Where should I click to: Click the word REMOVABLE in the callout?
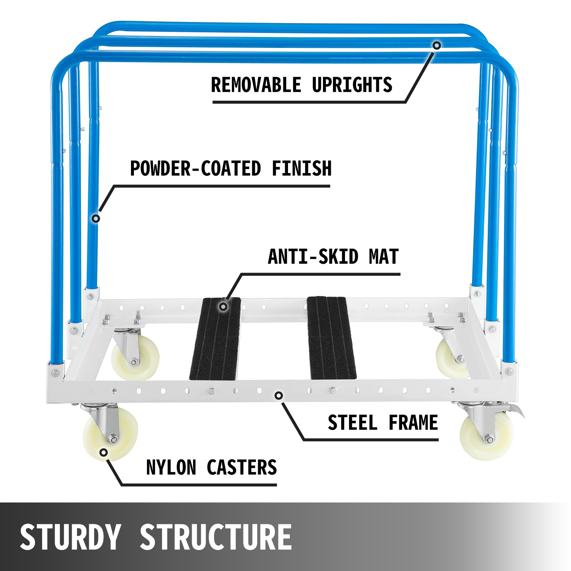(x=256, y=85)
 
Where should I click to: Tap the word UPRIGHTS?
(x=352, y=85)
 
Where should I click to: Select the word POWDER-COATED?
(x=196, y=168)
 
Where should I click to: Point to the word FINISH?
(x=302, y=168)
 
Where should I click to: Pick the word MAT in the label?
(x=384, y=257)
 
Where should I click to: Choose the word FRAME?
(x=413, y=423)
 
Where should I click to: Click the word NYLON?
(x=171, y=468)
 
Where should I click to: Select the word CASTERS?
(x=242, y=468)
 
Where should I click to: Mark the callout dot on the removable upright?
(x=437, y=45)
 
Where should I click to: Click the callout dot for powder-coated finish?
(x=96, y=218)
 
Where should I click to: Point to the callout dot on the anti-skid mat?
(x=223, y=307)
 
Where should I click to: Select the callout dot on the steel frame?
(x=279, y=395)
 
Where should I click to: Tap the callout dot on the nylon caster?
(x=104, y=453)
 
